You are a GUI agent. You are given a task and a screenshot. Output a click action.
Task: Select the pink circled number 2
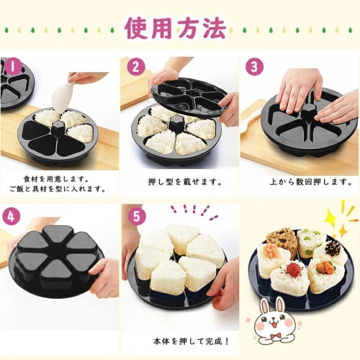(135, 67)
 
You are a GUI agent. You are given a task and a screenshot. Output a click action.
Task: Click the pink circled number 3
(254, 67)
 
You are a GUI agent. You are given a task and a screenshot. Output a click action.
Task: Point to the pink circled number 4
(12, 216)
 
